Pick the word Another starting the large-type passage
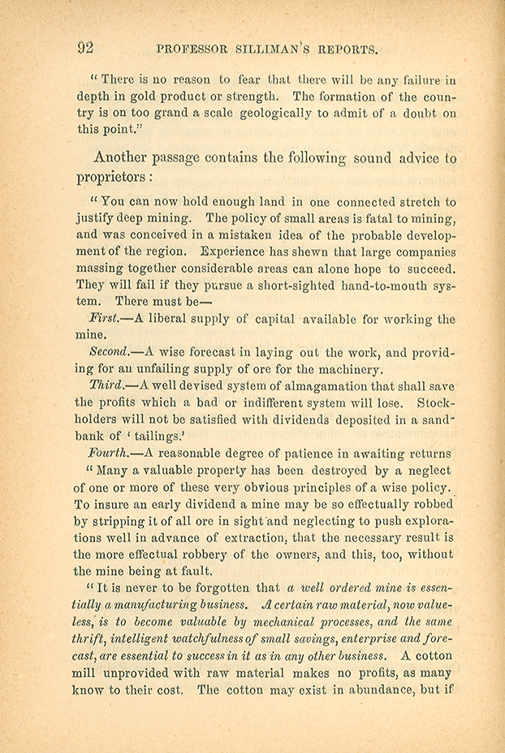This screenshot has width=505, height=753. pos(128,157)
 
